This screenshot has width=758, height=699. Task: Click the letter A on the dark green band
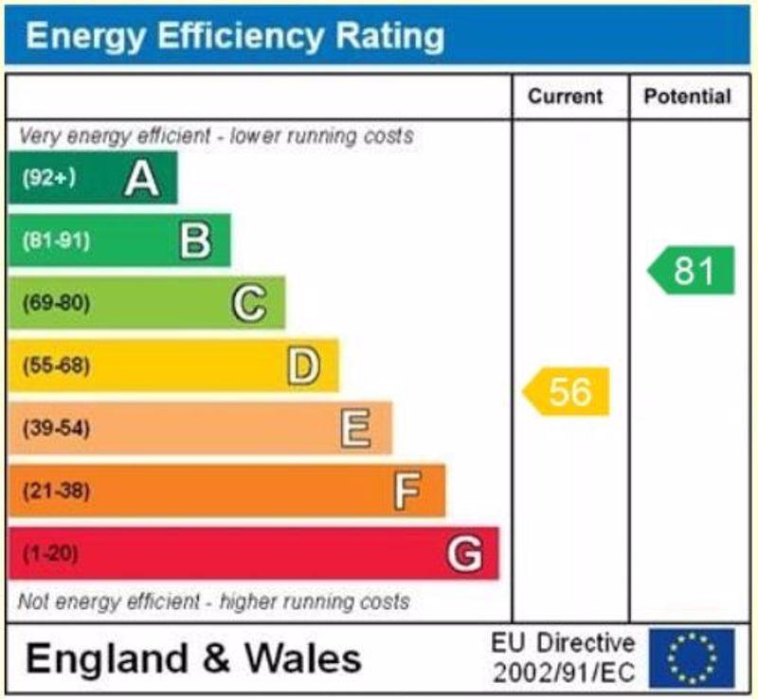[x=141, y=178]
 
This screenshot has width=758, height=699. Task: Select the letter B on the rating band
[x=195, y=241]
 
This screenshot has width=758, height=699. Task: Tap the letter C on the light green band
[x=249, y=303]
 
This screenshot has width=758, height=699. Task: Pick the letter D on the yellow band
[x=303, y=366]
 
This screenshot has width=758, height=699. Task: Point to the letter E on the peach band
[x=355, y=428]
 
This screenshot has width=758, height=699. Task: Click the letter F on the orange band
[x=407, y=491]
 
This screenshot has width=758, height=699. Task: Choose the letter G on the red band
[x=464, y=553]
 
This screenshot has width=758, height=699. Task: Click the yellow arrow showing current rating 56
[x=568, y=391]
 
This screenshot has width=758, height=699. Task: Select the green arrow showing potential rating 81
[x=692, y=271]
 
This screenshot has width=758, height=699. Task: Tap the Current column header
[x=565, y=97]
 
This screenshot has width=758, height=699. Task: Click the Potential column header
[x=687, y=97]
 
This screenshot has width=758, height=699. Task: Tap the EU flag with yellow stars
[x=691, y=658]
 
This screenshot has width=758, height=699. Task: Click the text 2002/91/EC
[x=564, y=673]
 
